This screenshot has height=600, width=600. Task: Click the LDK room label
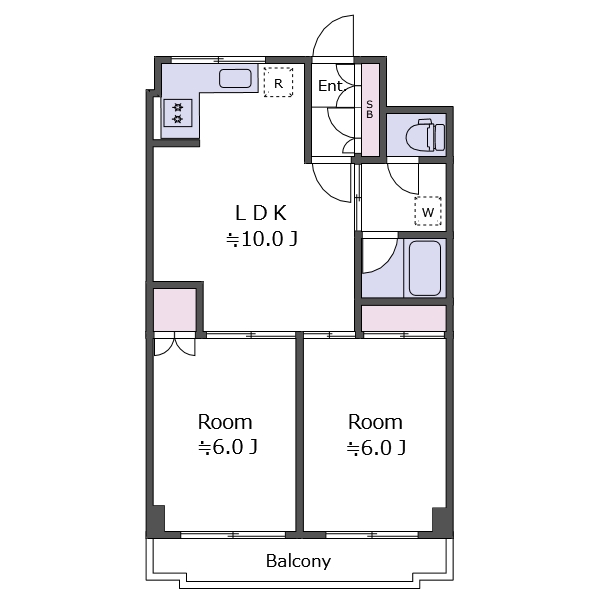(261, 213)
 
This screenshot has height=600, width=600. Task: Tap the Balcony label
(298, 561)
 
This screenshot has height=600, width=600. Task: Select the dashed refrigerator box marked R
(278, 82)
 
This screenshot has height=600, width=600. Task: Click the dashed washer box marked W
(428, 211)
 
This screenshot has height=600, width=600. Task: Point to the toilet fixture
(426, 135)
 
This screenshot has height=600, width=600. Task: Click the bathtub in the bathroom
(425, 268)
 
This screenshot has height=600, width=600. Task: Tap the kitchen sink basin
(235, 78)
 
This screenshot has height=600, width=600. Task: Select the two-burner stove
(178, 113)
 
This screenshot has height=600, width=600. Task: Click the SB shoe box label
(370, 109)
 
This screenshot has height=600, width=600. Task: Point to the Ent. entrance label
(331, 86)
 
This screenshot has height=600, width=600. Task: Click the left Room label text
(225, 422)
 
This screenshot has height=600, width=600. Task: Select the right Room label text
(375, 422)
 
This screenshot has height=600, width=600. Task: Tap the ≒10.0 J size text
(262, 240)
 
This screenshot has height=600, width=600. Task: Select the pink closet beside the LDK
(175, 310)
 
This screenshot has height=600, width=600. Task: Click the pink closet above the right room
(404, 318)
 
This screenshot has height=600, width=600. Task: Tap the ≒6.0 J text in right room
(376, 448)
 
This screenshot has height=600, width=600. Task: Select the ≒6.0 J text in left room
(227, 448)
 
